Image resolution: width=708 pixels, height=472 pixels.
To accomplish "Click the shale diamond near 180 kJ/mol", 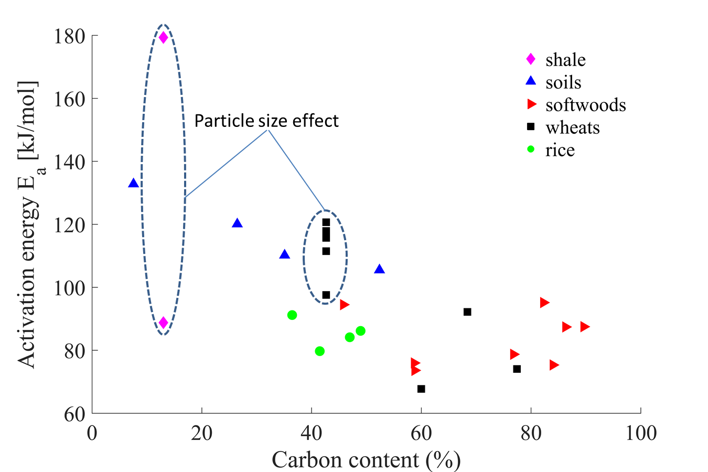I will point(163,37).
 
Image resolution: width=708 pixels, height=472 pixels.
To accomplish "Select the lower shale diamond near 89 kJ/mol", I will point(163,322).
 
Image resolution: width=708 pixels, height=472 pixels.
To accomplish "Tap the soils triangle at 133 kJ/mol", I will point(133,183).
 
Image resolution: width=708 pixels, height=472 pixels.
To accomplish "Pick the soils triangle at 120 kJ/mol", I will point(237,223).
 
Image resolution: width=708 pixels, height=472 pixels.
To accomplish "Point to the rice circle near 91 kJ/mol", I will point(292,315).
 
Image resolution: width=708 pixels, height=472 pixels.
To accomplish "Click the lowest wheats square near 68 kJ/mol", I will point(421,389).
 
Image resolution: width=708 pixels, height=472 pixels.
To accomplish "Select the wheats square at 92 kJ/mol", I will point(467,312).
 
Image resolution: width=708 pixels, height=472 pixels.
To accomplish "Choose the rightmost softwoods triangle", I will point(585,327).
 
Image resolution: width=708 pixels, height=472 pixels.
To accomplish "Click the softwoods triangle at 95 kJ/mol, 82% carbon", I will point(544,302).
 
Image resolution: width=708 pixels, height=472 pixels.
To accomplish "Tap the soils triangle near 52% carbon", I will point(379,269).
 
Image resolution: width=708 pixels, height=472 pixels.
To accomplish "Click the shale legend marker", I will point(531,59).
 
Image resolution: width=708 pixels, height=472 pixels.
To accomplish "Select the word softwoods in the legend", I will point(585,105).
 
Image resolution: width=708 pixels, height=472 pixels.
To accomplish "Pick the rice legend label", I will point(560,151).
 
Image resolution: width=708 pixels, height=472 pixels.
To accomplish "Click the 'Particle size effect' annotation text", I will point(266,121).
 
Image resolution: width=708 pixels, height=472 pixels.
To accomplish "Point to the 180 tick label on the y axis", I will point(70,36).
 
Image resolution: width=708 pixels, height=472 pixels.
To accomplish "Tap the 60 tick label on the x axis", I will point(421,433).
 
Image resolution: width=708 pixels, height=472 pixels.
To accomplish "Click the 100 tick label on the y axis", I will point(70,287).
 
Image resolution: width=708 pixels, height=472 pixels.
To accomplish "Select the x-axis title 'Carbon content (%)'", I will point(366,460).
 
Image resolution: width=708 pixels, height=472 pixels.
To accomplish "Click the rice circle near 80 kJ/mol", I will point(319,351).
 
